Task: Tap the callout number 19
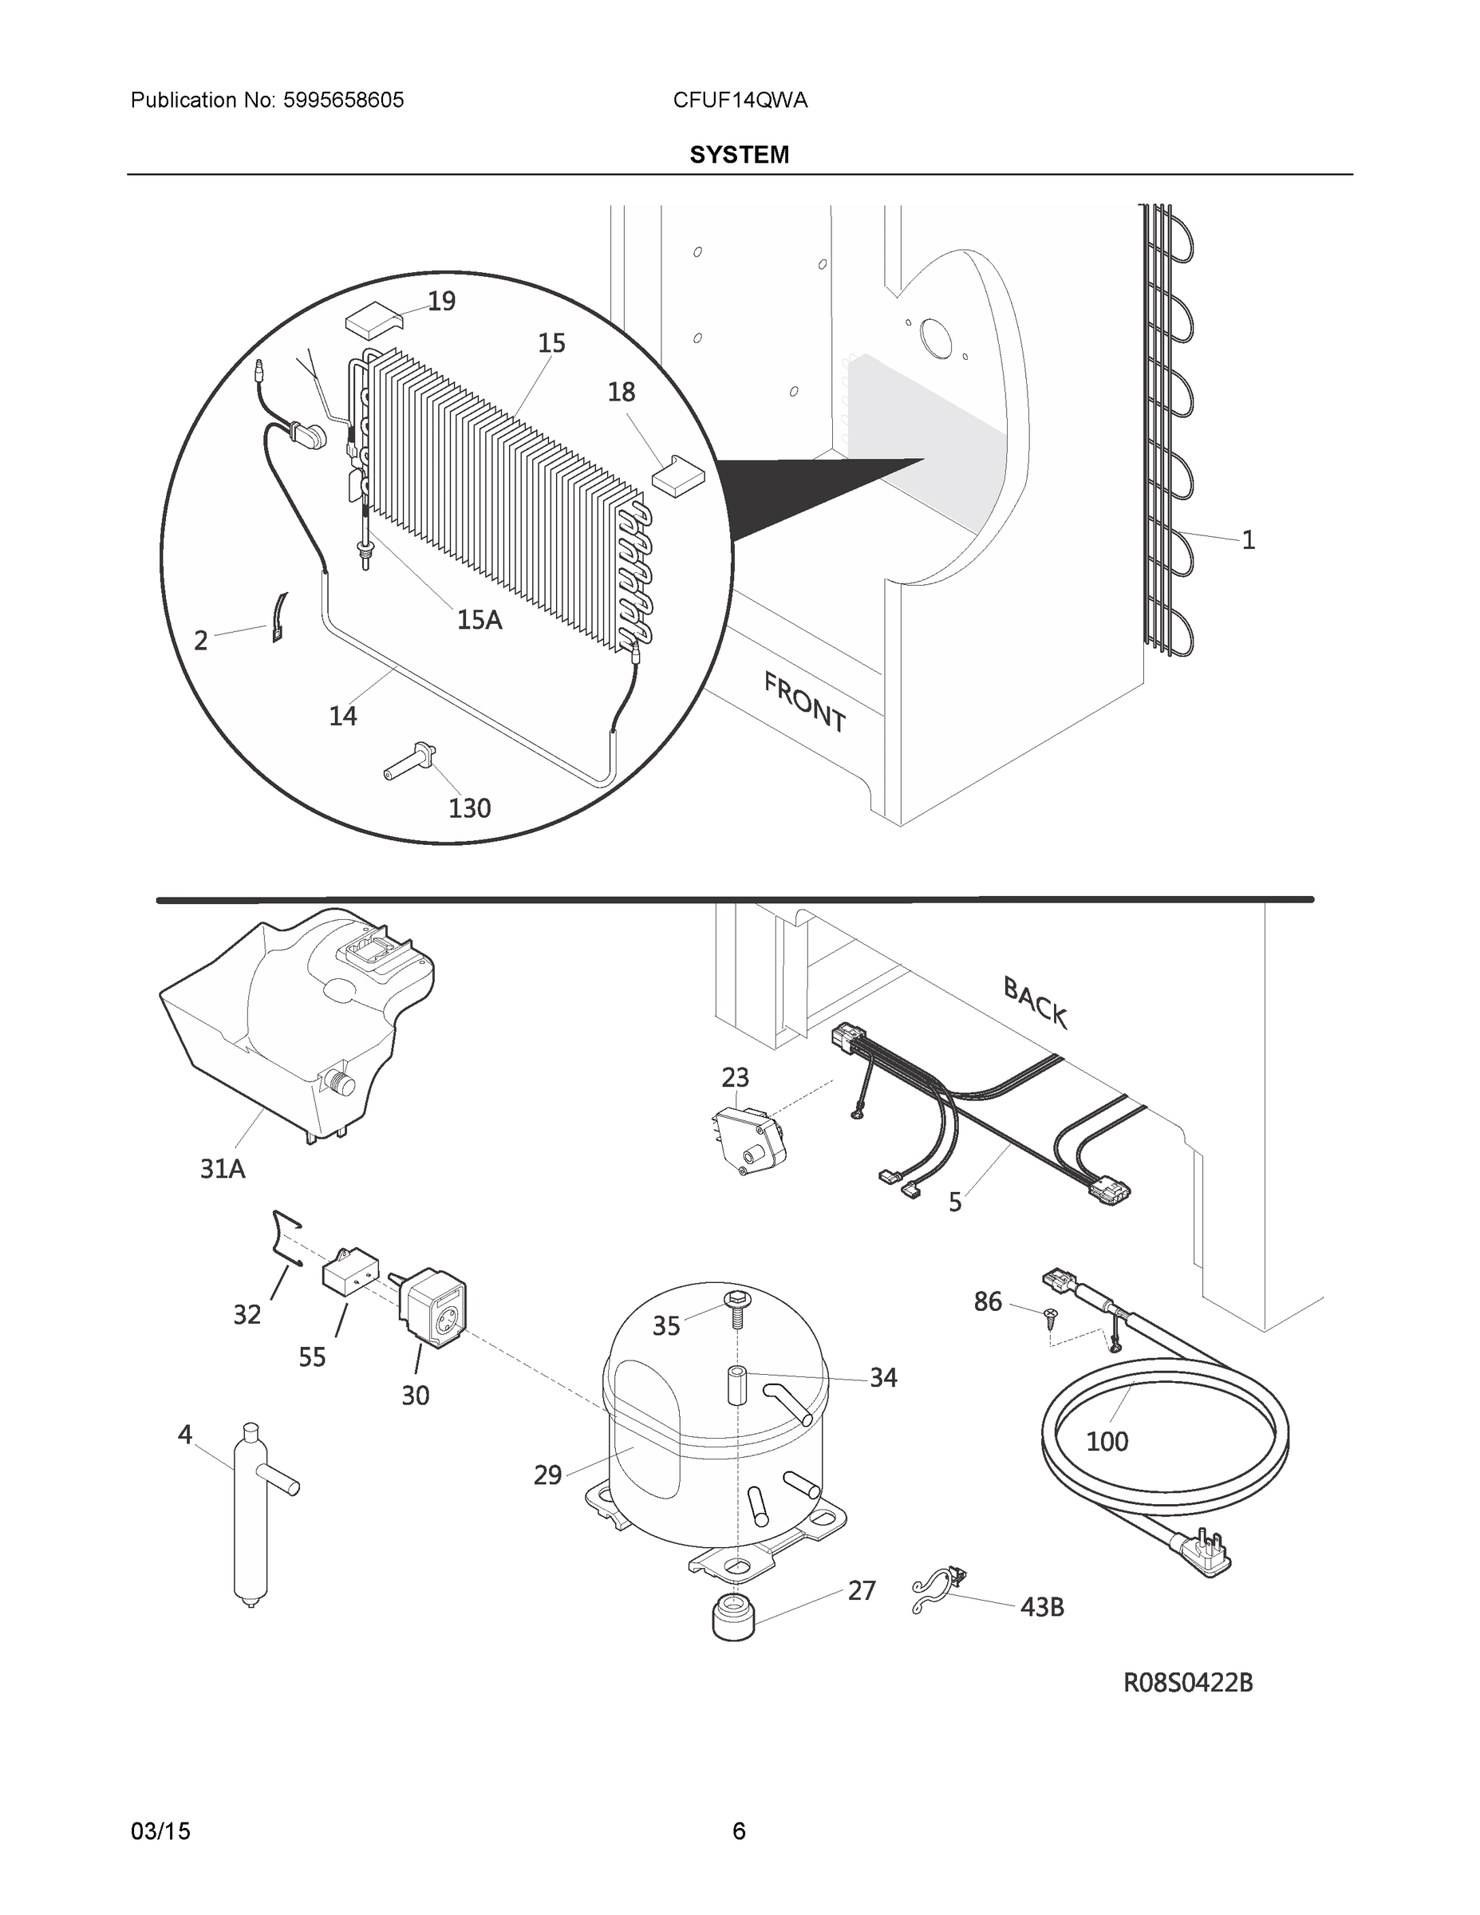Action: pyautogui.click(x=441, y=301)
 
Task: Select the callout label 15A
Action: pyautogui.click(x=479, y=620)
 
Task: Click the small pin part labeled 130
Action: pyautogui.click(x=409, y=760)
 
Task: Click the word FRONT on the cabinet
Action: pyautogui.click(x=804, y=701)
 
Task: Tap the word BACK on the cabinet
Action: pyautogui.click(x=1035, y=1003)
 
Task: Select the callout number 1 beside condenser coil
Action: pyautogui.click(x=1248, y=540)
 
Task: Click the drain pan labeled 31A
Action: pyautogui.click(x=290, y=1026)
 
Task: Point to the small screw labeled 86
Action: pyautogui.click(x=1049, y=1314)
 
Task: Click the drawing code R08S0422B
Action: pyautogui.click(x=1188, y=1683)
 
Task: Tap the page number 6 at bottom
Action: pyautogui.click(x=738, y=1831)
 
